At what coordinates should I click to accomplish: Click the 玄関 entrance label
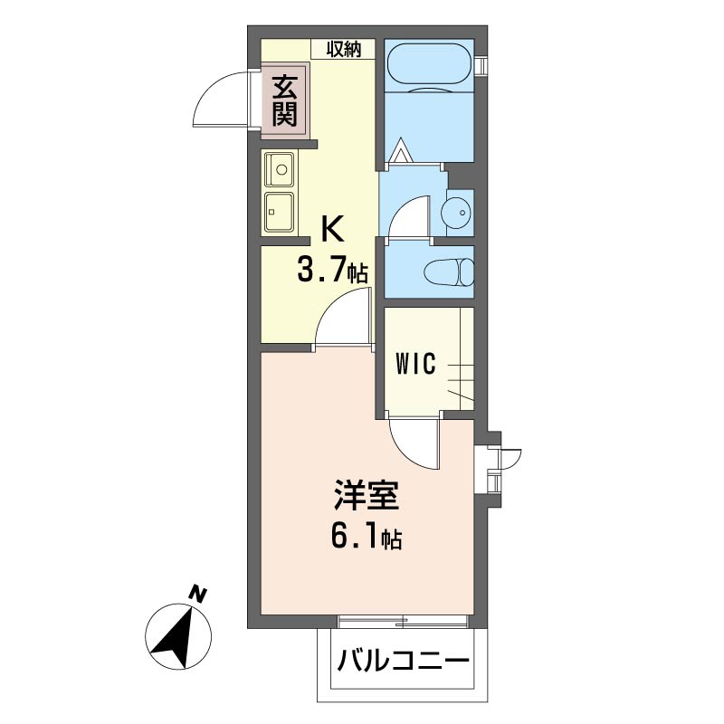click(284, 100)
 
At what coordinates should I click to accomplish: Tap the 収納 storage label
click(344, 50)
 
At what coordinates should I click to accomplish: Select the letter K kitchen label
click(332, 230)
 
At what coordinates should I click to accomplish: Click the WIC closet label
click(416, 364)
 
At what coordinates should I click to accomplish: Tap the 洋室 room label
click(367, 499)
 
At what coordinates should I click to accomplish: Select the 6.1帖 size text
click(367, 539)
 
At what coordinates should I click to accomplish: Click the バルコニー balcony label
click(405, 660)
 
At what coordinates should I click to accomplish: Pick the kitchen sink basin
click(281, 168)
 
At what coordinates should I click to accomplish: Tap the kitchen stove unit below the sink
click(280, 212)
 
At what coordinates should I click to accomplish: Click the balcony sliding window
click(404, 621)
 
